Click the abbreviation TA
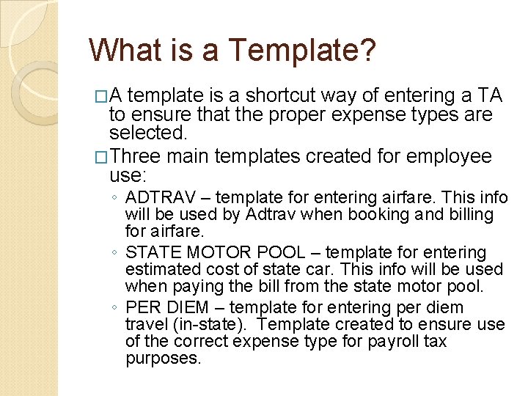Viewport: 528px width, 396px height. [489, 96]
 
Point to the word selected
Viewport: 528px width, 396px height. [147, 133]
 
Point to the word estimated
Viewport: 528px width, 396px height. [161, 269]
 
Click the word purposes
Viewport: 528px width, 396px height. [162, 359]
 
